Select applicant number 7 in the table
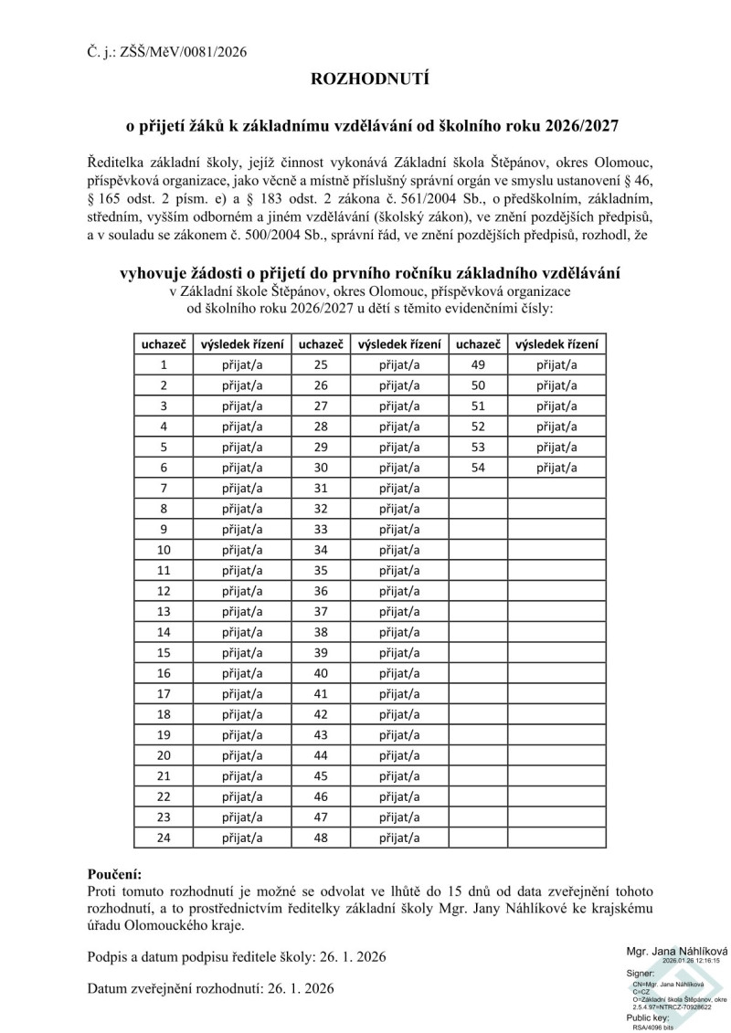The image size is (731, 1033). (x=164, y=487)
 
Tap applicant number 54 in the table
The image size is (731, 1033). (x=477, y=467)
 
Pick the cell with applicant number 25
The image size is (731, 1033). (x=320, y=364)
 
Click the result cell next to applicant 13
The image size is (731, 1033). (x=242, y=610)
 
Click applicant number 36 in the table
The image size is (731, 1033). (x=320, y=590)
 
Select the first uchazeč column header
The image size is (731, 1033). (x=164, y=343)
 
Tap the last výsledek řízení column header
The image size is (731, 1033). (x=556, y=343)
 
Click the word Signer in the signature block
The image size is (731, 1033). (x=641, y=974)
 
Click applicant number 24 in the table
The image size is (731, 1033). (x=164, y=836)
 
